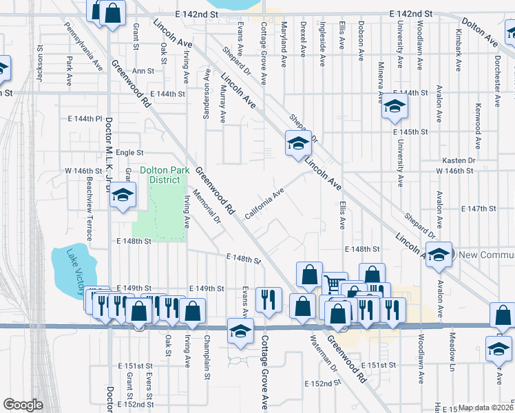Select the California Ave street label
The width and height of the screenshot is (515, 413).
[264, 203]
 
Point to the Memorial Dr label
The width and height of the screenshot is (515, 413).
[209, 207]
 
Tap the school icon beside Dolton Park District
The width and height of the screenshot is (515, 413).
[123, 195]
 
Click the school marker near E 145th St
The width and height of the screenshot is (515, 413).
[395, 107]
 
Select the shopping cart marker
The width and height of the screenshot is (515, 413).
[333, 283]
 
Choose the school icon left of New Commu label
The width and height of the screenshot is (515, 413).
[439, 254]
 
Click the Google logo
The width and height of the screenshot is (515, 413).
[23, 405]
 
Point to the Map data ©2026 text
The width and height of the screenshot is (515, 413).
[486, 407]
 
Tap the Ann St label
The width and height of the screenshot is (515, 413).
[143, 71]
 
